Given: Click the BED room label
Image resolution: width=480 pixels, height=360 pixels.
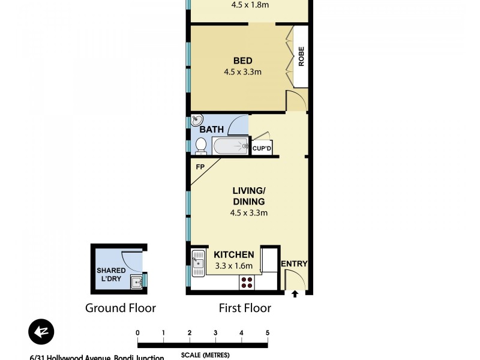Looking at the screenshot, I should click(243, 61).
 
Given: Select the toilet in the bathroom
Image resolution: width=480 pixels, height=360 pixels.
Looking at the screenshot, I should click(201, 145).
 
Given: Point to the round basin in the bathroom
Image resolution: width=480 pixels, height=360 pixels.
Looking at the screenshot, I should click(197, 121).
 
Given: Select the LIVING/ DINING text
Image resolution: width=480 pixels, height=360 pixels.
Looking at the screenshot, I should click(248, 196).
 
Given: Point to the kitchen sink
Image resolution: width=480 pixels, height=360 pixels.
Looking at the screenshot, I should click(198, 263).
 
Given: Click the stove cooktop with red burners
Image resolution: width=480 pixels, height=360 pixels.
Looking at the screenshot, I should click(246, 281).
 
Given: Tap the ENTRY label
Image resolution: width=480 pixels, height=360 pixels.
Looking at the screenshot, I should click(294, 263).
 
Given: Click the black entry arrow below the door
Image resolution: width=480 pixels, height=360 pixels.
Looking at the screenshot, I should click(295, 294).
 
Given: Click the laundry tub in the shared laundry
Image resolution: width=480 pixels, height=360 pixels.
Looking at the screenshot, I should click(137, 281).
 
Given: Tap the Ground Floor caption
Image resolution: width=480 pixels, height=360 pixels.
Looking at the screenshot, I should click(121, 308).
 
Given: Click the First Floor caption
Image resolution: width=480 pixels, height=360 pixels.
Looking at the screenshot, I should click(244, 308).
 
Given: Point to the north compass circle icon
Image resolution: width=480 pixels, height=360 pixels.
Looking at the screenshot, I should click(41, 332).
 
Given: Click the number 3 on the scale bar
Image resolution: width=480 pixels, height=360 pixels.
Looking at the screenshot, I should click(215, 333).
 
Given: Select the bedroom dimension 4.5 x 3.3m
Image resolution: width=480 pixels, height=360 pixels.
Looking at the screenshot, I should click(243, 72).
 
